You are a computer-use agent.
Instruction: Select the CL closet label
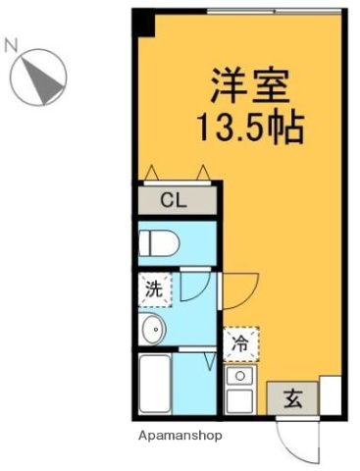174,201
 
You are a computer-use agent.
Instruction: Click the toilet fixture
157,241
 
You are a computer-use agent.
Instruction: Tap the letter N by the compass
12,43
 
